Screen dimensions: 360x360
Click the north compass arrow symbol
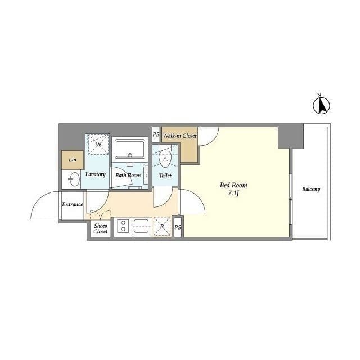click(321, 105)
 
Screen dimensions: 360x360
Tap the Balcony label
click(311, 189)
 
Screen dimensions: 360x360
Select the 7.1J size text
click(233, 193)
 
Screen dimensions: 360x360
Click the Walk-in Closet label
click(180, 136)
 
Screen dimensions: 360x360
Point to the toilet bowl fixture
click(165, 158)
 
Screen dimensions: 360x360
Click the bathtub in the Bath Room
click(130, 148)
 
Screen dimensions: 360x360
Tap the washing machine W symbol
click(97, 145)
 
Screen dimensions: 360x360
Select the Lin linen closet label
click(73, 160)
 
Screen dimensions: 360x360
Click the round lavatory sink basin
click(74, 179)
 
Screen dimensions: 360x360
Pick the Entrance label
click(73, 204)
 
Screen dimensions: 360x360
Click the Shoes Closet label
click(101, 228)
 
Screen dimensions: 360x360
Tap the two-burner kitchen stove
click(123, 226)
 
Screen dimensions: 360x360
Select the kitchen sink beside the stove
click(141, 226)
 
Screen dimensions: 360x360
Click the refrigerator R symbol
click(162, 226)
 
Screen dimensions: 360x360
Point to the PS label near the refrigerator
click(178, 227)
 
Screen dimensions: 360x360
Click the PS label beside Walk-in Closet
click(156, 134)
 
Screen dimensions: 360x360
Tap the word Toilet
click(165, 175)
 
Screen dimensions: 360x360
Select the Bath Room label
click(128, 175)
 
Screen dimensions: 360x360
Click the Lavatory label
click(96, 174)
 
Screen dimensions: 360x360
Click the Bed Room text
click(233, 185)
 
